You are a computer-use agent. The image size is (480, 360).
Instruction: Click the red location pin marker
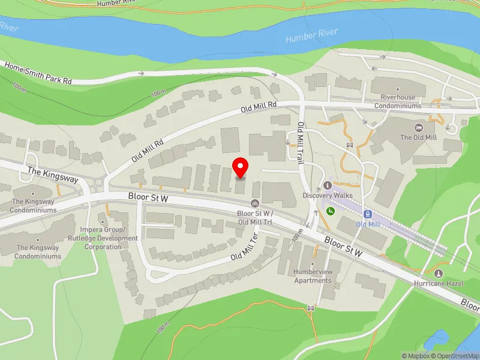[x=241, y=167]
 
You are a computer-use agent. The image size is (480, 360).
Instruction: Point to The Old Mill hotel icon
[x=418, y=127]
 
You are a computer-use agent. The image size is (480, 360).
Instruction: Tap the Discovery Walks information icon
[x=328, y=185]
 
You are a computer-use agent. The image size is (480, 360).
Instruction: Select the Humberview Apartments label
[x=313, y=276]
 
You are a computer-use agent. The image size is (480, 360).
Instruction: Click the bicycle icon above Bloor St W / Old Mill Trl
[x=256, y=203]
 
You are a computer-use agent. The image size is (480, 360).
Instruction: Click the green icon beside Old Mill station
[x=330, y=211]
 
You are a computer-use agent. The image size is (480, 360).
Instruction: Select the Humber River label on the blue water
[x=312, y=35]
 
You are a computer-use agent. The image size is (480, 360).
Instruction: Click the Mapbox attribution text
[x=416, y=356]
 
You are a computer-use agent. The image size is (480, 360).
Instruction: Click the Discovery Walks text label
[x=328, y=196]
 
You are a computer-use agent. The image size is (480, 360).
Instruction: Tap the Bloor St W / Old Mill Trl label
[x=256, y=217]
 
